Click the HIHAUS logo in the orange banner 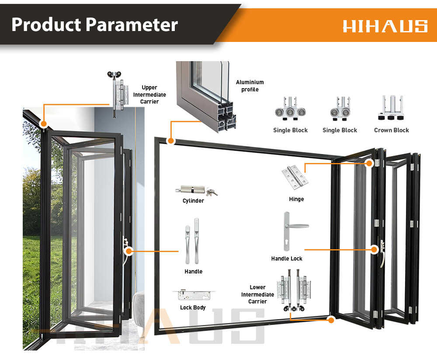(385, 25)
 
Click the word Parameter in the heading (132, 24)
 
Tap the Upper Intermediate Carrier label (149, 95)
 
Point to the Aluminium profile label (250, 86)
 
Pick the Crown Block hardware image (391, 108)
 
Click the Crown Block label (392, 130)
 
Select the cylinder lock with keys (196, 190)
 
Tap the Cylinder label (193, 201)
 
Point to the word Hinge (296, 199)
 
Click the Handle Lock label (287, 259)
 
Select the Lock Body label (193, 308)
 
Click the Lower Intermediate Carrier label (257, 294)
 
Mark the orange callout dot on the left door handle (128, 251)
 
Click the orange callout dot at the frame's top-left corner (170, 141)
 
